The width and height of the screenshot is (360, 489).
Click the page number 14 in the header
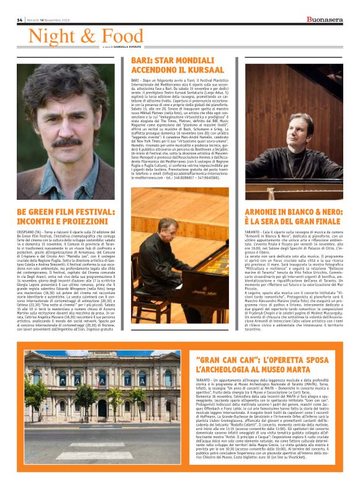(20, 20)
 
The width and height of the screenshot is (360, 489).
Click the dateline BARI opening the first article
(136, 81)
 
